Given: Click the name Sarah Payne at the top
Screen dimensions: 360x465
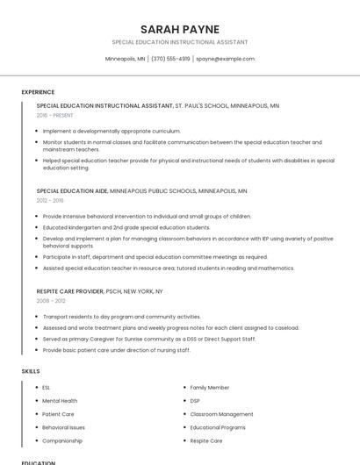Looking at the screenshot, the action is coord(180,29).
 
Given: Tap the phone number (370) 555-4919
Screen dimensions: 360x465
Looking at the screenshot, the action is coord(170,59).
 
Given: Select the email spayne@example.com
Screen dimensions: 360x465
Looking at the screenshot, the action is coord(225,59).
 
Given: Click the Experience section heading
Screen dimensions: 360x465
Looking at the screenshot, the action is coord(38,92).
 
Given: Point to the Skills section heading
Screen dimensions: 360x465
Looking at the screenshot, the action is coord(31,371).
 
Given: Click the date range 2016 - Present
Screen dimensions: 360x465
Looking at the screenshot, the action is coord(55,115).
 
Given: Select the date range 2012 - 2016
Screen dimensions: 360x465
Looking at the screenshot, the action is coord(50,200).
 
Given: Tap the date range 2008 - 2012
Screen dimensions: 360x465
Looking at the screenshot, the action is coord(51,300).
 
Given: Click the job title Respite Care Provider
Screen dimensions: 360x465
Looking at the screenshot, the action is coord(70,290).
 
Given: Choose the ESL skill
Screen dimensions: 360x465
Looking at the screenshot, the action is coord(47,387).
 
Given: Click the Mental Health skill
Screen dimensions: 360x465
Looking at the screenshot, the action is coord(60,401).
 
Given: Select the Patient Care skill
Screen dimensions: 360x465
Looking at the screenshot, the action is coord(58,414).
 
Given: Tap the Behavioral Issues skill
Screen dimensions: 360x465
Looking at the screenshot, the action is coord(64,427).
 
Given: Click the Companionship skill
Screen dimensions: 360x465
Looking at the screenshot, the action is coord(62,440).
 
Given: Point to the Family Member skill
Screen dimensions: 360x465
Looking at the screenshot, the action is coord(210,387).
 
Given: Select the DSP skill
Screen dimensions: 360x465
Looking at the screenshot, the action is coord(195,401).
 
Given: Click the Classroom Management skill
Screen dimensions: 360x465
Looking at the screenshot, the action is coord(221,414).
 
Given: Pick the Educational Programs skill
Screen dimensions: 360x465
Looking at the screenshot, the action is coord(218,427).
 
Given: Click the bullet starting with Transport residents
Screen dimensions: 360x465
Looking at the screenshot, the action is coord(122,317).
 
